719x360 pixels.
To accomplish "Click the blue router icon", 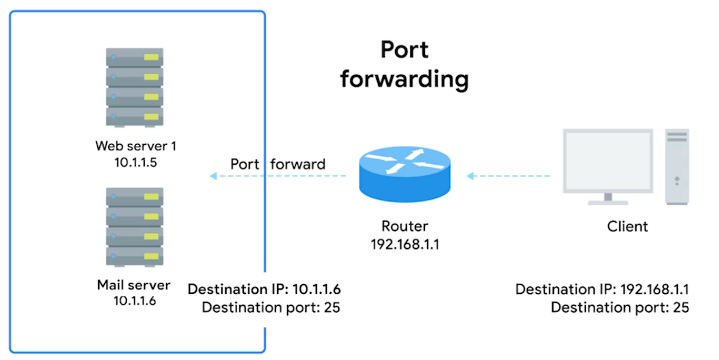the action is [x=404, y=174].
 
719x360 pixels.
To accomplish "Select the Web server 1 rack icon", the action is [x=134, y=87].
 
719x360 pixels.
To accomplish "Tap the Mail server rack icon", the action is [x=134, y=226].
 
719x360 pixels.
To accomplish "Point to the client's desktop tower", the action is [x=677, y=167].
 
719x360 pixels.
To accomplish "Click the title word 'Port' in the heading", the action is [x=404, y=49].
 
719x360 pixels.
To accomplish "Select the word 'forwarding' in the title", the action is [x=404, y=79].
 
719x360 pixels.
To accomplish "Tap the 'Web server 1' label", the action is [x=135, y=146].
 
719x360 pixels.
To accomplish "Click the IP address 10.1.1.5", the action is [x=135, y=162].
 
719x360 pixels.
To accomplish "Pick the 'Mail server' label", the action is [x=134, y=285].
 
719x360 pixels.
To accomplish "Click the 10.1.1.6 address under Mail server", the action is [x=135, y=301].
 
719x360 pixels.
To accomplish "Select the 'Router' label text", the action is [x=405, y=226].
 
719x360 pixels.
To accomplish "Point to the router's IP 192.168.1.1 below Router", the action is [x=405, y=245].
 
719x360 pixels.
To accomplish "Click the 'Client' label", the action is [x=627, y=226].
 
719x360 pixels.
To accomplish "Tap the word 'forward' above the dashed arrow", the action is [x=298, y=163].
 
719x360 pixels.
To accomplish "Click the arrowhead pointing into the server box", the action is [x=213, y=176].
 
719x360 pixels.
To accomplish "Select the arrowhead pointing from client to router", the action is [x=470, y=176].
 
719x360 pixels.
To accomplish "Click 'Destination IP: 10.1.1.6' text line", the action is [x=264, y=289].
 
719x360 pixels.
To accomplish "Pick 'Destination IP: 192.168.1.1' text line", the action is [x=602, y=289].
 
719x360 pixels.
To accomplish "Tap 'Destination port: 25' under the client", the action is [x=620, y=307].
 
